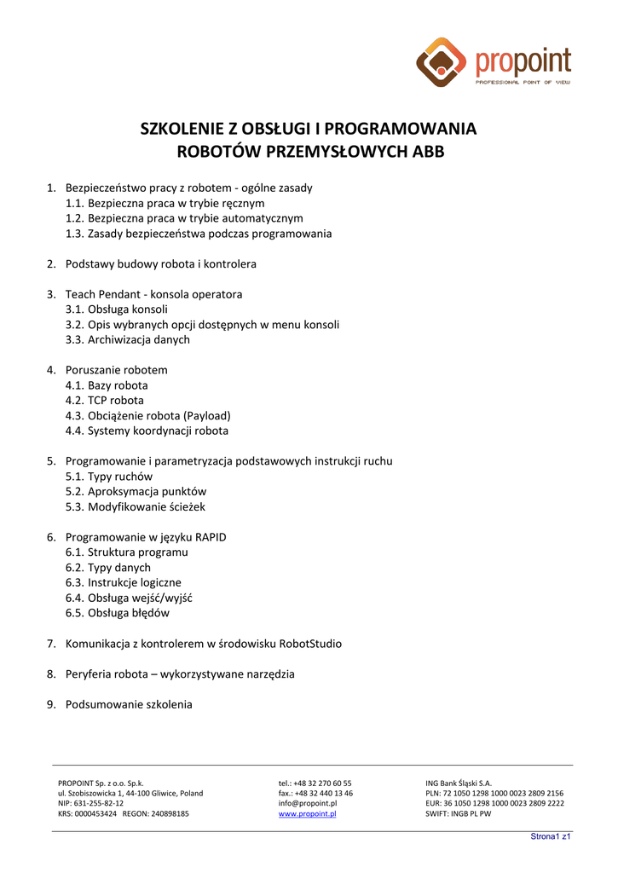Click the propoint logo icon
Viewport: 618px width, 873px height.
coord(442,62)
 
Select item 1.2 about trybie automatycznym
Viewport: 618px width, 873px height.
coord(184,218)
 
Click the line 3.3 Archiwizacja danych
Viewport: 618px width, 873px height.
coord(127,339)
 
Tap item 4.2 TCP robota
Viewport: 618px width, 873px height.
coord(105,400)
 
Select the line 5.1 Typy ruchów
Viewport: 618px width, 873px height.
coord(109,477)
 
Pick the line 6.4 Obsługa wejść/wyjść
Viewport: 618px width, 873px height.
coord(129,598)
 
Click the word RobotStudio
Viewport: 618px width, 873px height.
coord(304,644)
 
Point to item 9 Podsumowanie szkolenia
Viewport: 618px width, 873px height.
coord(129,704)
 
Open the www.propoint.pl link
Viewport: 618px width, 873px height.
coord(307,814)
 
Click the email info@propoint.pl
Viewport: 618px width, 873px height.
coord(308,803)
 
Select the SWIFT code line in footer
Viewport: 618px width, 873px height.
coord(459,814)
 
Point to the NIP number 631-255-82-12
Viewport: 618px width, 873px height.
coord(90,803)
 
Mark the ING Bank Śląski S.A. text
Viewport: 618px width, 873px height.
coord(459,783)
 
